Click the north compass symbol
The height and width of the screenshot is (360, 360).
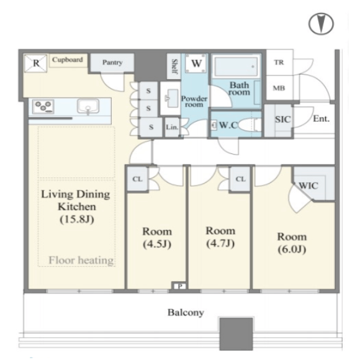point(321,24)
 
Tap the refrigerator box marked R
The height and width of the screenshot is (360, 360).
point(35,63)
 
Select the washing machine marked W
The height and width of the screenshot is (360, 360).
point(196,63)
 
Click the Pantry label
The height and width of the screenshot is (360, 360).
point(112,63)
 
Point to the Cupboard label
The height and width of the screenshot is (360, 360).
point(67,60)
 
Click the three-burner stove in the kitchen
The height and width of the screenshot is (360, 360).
point(43,106)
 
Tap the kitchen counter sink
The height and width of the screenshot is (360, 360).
point(88,106)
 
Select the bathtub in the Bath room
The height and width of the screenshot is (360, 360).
point(236,66)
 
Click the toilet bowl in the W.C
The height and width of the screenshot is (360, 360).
point(248,125)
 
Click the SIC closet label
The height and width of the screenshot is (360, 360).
point(283,119)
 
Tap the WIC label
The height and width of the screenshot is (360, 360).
point(308,186)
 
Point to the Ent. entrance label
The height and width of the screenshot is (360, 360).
point(321,119)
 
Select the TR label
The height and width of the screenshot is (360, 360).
point(279,62)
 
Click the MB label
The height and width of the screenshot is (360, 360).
point(279,88)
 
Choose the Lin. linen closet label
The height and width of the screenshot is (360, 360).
point(172,127)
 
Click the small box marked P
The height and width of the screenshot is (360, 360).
point(180,286)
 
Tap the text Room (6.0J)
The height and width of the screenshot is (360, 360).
point(292,243)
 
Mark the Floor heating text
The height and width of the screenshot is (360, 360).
point(81,260)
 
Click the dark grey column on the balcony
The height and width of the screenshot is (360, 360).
point(236,334)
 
